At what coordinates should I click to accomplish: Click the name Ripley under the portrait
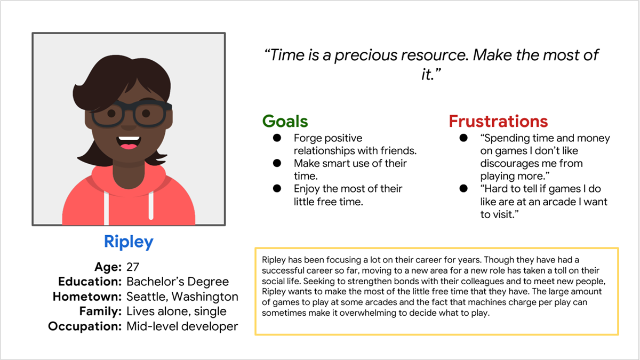129,242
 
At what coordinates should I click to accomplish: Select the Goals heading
285,121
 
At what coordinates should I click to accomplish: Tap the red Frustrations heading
498,121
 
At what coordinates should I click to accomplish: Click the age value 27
133,267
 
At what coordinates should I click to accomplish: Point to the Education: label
90,282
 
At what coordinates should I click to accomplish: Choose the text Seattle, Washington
182,297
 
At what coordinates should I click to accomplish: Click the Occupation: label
85,326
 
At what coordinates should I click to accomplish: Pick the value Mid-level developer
182,326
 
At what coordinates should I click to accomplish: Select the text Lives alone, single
177,311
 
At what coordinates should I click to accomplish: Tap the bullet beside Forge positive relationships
277,138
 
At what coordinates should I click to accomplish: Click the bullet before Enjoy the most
277,189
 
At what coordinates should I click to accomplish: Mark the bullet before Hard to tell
463,189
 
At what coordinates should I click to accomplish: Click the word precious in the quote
366,55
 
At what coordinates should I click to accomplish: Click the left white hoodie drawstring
106,207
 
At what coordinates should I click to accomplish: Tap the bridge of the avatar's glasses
129,108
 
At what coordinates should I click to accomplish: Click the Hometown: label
87,297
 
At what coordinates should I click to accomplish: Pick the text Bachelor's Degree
178,282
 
